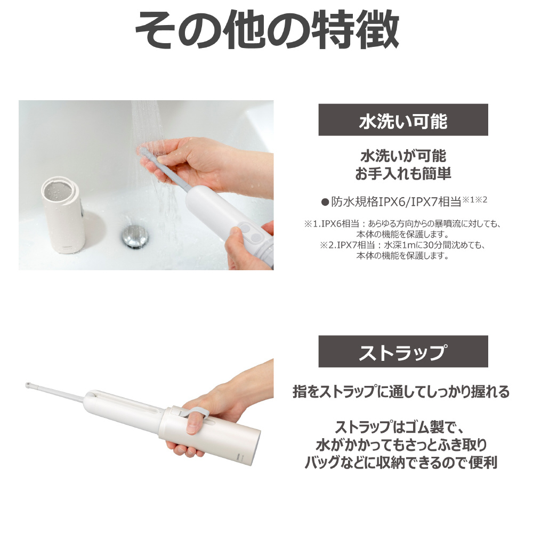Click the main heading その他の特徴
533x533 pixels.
pyautogui.click(x=267, y=29)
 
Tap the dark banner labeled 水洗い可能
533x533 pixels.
pyautogui.click(x=403, y=120)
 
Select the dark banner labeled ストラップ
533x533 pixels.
pyautogui.click(x=403, y=351)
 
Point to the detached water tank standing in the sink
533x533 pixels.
pyautogui.click(x=63, y=214)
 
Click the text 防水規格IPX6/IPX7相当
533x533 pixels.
pyautogui.click(x=396, y=202)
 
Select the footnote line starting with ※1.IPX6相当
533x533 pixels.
pyautogui.click(x=403, y=224)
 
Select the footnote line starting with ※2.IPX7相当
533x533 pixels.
pyautogui.click(x=403, y=245)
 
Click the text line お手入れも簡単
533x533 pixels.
pyautogui.click(x=403, y=174)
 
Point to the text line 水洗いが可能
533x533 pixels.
pyautogui.click(x=403, y=156)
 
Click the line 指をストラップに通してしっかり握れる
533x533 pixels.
pyautogui.click(x=401, y=392)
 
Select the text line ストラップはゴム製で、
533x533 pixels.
pyautogui.click(x=400, y=427)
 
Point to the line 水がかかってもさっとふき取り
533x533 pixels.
pyautogui.click(x=401, y=445)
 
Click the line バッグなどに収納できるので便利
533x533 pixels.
pyautogui.click(x=401, y=462)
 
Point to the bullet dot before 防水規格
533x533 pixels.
pyautogui.click(x=325, y=203)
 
